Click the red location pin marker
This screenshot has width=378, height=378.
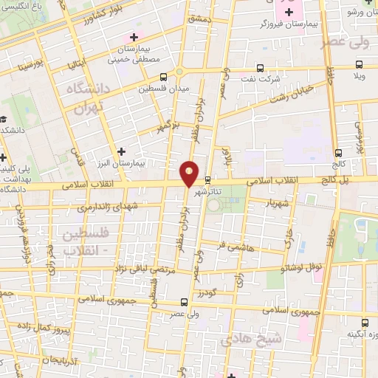point(190,173)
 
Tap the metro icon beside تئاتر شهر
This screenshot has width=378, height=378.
point(208,179)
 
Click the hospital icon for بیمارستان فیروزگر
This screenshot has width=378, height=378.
point(289,13)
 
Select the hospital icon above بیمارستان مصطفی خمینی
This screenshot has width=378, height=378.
point(133,37)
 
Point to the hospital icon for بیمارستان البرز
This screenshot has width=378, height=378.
point(121,151)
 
